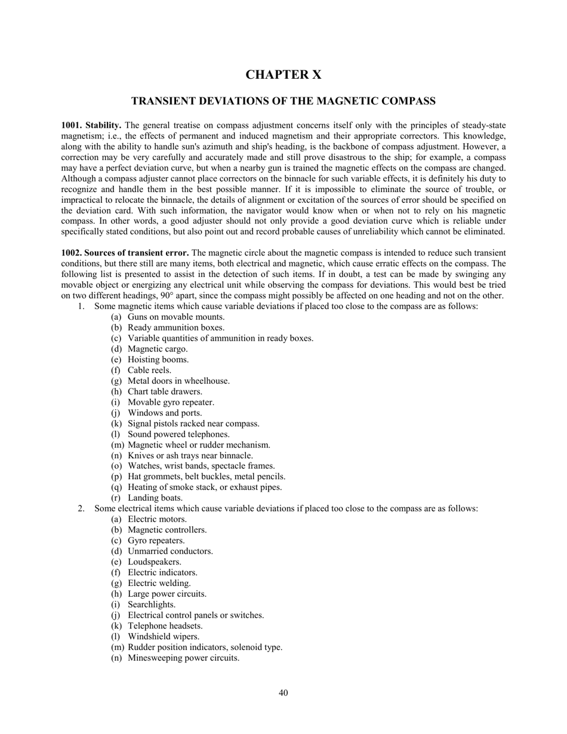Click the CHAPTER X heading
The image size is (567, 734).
coord(283,75)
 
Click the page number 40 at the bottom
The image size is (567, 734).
coord(283,693)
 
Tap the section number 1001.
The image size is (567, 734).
coord(72,125)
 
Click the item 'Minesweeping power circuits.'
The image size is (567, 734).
coord(183,658)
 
